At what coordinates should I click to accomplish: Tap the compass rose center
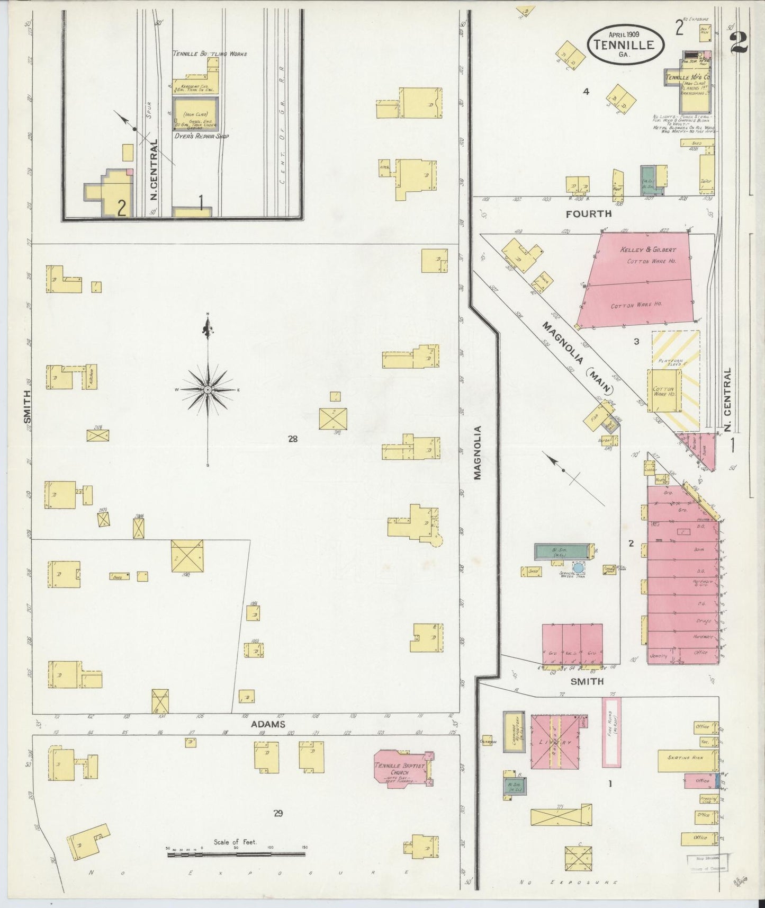click(208, 390)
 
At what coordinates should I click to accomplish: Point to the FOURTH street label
click(588, 214)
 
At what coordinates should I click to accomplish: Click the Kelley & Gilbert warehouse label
click(648, 250)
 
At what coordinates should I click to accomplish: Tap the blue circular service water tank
click(579, 568)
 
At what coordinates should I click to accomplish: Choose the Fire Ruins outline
click(611, 732)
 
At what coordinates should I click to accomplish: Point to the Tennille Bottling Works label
click(210, 54)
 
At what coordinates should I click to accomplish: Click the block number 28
click(293, 438)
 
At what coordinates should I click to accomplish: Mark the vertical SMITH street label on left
click(28, 407)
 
